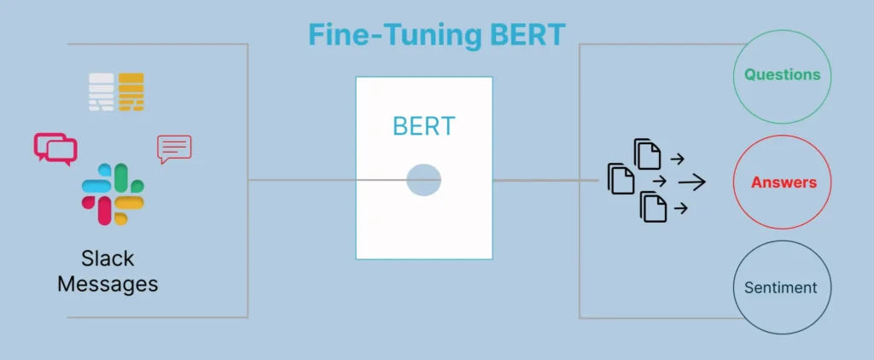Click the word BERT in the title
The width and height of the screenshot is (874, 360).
tap(526, 36)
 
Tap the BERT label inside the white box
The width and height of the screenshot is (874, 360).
tap(423, 126)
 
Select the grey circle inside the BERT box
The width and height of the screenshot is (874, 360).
tap(423, 181)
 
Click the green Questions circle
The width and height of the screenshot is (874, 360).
tap(782, 74)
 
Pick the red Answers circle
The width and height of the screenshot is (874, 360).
tap(783, 182)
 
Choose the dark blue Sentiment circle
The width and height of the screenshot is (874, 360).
tap(782, 287)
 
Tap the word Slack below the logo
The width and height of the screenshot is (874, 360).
tap(108, 258)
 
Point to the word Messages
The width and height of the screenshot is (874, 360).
tap(108, 283)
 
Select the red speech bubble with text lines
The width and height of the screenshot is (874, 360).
tap(174, 148)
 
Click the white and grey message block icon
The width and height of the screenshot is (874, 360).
tap(102, 92)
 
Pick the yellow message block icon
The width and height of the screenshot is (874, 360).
tap(131, 92)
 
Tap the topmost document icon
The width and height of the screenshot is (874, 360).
tap(648, 154)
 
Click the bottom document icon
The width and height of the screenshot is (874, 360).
tap(653, 206)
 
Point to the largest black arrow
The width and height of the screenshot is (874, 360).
tap(692, 182)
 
